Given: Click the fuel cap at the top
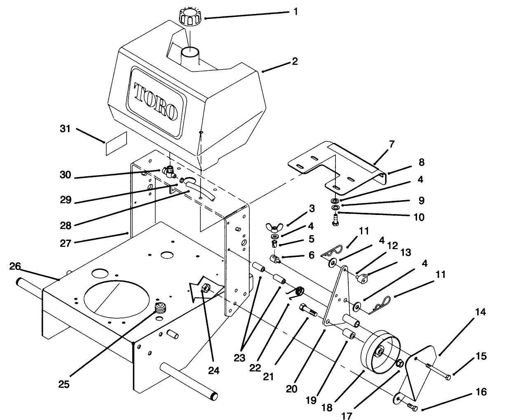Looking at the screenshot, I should (x=189, y=16).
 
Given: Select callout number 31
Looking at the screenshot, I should (x=65, y=129).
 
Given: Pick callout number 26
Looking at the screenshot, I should (x=15, y=266).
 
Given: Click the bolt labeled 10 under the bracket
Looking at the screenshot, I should (x=334, y=219).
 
